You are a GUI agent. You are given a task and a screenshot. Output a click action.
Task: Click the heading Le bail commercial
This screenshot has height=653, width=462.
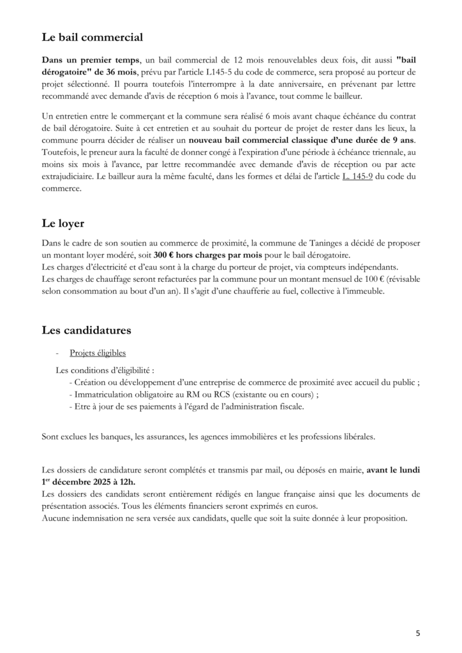pyautogui.click(x=92, y=37)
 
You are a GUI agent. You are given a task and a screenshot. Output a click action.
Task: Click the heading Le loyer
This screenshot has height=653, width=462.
pyautogui.click(x=63, y=224)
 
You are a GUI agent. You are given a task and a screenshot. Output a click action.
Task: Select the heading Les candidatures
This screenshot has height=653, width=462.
pyautogui.click(x=86, y=330)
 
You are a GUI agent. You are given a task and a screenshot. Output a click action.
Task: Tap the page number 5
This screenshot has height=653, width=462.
pyautogui.click(x=417, y=633)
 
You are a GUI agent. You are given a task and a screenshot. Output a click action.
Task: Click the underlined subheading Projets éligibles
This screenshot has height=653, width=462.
pyautogui.click(x=98, y=353)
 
